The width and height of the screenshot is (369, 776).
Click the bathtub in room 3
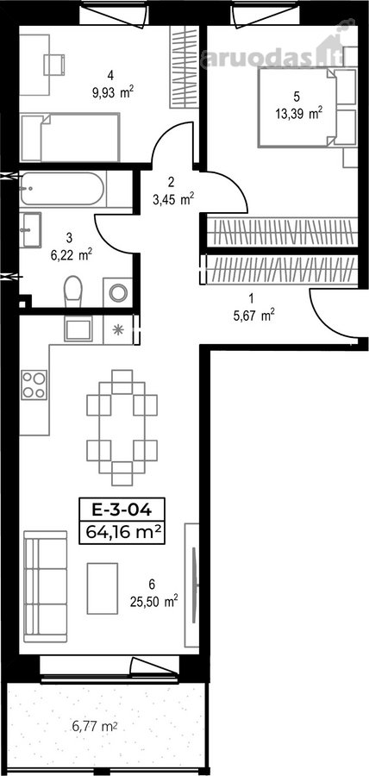tap(63, 189)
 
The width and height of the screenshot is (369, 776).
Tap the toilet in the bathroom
tap(73, 291)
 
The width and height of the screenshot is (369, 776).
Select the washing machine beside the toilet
tap(118, 292)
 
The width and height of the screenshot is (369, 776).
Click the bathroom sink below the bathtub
tap(31, 229)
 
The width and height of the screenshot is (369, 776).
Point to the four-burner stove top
tap(34, 385)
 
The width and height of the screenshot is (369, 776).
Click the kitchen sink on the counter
tap(78, 329)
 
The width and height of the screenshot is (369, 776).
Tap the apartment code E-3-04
tap(122, 509)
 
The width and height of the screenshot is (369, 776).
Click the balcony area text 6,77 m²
tap(95, 727)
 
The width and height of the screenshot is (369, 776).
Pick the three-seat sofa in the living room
tap(45, 586)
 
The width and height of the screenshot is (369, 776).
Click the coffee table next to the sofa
tap(103, 588)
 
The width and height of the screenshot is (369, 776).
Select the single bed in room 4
tap(70, 137)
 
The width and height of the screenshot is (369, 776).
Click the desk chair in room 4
tap(54, 65)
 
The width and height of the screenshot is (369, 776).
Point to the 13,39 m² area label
tap(299, 115)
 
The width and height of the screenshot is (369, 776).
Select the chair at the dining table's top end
tap(122, 382)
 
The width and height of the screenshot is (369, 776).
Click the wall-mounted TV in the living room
tap(194, 585)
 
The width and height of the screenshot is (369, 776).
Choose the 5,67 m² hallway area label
tap(253, 316)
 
